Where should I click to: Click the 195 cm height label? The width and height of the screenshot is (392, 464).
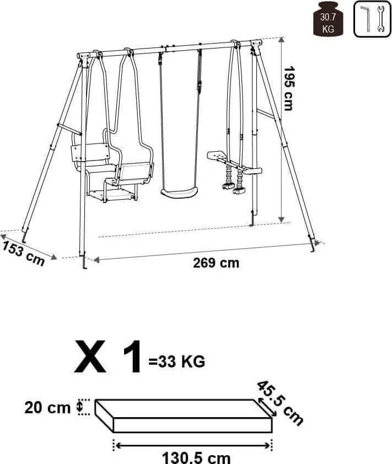(288, 88)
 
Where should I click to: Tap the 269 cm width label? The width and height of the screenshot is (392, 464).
(216, 263)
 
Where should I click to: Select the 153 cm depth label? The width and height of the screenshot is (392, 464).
(24, 254)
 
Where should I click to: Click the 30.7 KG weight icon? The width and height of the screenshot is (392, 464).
(328, 19)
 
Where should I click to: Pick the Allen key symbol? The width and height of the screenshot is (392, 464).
(366, 18)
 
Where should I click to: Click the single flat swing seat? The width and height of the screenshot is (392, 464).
(179, 193)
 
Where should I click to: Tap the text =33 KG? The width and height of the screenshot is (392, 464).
(177, 361)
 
